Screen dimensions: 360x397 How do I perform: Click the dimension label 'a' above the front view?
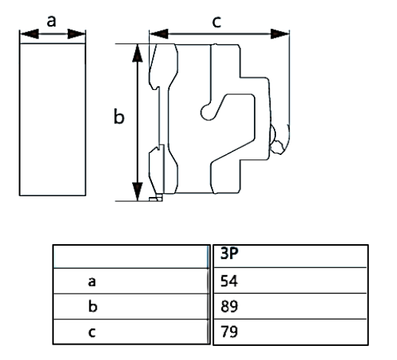(x=51, y=21)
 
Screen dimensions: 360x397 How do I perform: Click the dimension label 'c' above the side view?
(x=216, y=22)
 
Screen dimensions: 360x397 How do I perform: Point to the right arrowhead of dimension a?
(x=79, y=33)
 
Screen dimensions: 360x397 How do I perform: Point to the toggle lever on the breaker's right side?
(x=280, y=139)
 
